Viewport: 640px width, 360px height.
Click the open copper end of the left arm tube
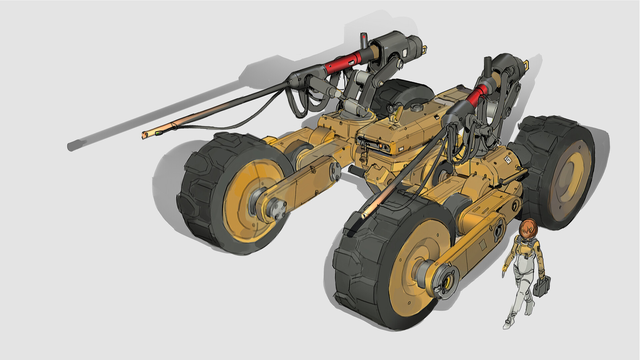pyautogui.click(x=145, y=135)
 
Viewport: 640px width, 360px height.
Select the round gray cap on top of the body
pyautogui.click(x=416, y=107)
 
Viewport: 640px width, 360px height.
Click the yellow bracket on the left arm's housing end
pyautogui.click(x=425, y=49)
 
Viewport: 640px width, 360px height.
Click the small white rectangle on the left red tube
pyautogui.click(x=351, y=62)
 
